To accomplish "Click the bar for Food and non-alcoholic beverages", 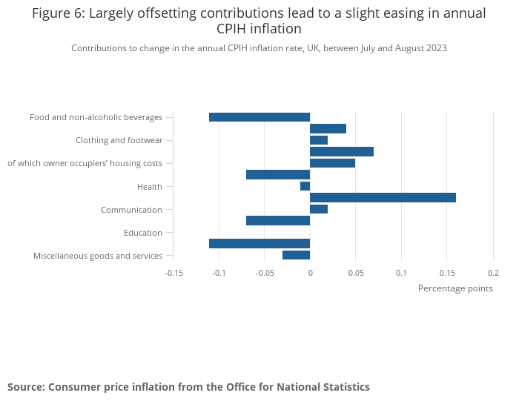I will pyautogui.click(x=259, y=117).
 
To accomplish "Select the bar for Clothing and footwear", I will pyautogui.click(x=319, y=140).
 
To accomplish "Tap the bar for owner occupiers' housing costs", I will pyautogui.click(x=332, y=163).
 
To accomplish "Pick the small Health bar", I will pyautogui.click(x=305, y=186).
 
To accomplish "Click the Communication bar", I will pyautogui.click(x=319, y=209).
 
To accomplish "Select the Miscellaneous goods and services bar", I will pyautogui.click(x=296, y=255).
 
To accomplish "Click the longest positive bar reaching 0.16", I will pyautogui.click(x=383, y=197).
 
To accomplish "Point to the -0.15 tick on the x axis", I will pyautogui.click(x=173, y=273).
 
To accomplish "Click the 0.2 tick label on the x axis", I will pyautogui.click(x=493, y=273).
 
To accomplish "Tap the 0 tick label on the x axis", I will pyautogui.click(x=310, y=273).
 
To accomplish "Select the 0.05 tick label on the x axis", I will pyautogui.click(x=355, y=273).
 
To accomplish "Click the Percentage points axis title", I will pyautogui.click(x=455, y=288).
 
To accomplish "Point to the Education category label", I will pyautogui.click(x=143, y=233).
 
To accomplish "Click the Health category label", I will pyautogui.click(x=150, y=187).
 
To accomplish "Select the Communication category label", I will pyautogui.click(x=131, y=210).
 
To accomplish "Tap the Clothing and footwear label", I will pyautogui.click(x=119, y=141).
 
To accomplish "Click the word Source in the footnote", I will pyautogui.click(x=25, y=387).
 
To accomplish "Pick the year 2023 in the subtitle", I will pyautogui.click(x=434, y=48).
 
